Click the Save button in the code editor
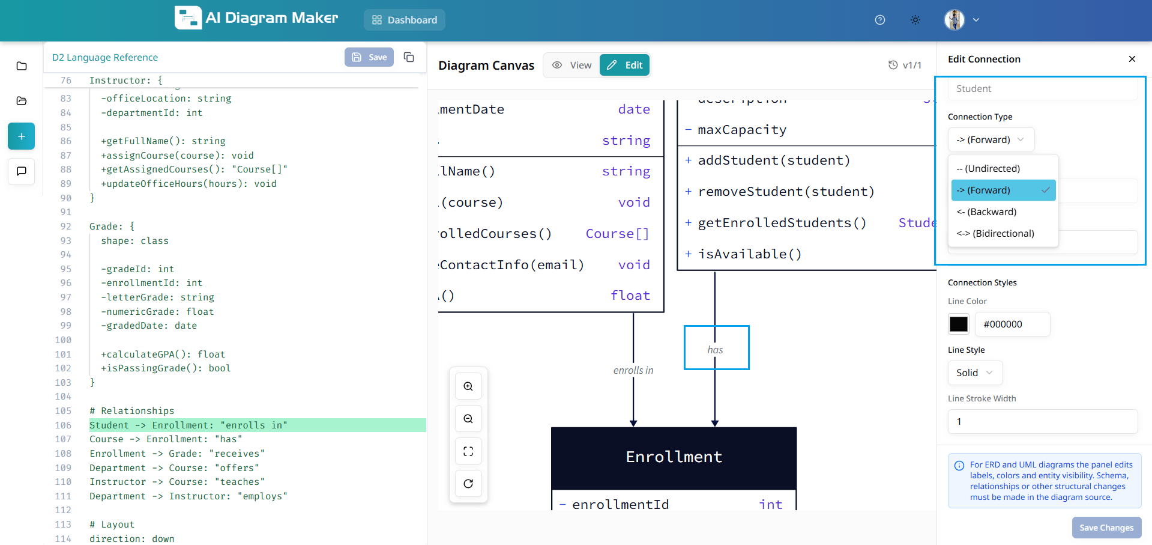tap(369, 57)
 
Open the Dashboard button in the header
tap(404, 20)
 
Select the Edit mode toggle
tap(624, 65)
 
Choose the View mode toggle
tap(572, 65)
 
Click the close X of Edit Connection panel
tap(1132, 59)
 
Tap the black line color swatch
tap(958, 324)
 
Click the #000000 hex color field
tap(1012, 324)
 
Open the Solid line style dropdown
tap(974, 373)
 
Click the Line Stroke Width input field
tap(1042, 421)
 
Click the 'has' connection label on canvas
tap(715, 350)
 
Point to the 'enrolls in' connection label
tap(633, 370)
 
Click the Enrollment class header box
tap(674, 457)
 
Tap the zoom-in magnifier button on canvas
tap(468, 386)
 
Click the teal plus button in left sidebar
tap(21, 136)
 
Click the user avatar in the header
tap(954, 20)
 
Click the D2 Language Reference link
tap(105, 57)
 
